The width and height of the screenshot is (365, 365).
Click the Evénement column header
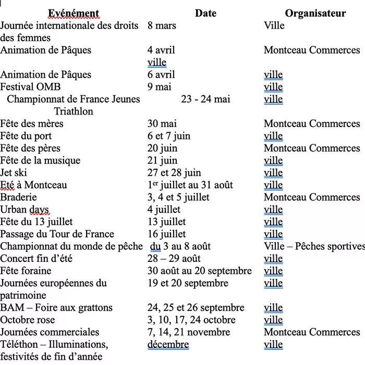[x=74, y=14]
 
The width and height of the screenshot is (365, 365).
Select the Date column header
[x=205, y=14]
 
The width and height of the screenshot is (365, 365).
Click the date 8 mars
[x=162, y=26]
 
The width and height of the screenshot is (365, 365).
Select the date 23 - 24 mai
[x=205, y=99]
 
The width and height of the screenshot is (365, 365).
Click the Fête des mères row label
[x=32, y=124]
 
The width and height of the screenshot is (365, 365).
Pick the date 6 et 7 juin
[x=168, y=136]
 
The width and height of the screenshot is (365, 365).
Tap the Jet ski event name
[x=14, y=173]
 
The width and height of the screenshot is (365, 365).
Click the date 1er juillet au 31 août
[x=190, y=185]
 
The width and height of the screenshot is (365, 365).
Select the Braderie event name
[x=18, y=197]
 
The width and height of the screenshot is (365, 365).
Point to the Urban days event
[x=25, y=210]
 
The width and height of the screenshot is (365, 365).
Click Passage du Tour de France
[x=57, y=234]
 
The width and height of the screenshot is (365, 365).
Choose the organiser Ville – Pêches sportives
[x=314, y=246]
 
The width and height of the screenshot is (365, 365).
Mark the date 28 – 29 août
[x=174, y=259]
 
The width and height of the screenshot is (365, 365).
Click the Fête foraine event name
[x=26, y=271]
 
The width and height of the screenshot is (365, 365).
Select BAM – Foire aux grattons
[x=56, y=308]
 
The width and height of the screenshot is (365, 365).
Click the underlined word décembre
[x=168, y=345]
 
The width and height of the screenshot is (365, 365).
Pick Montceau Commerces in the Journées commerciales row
[x=312, y=332]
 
